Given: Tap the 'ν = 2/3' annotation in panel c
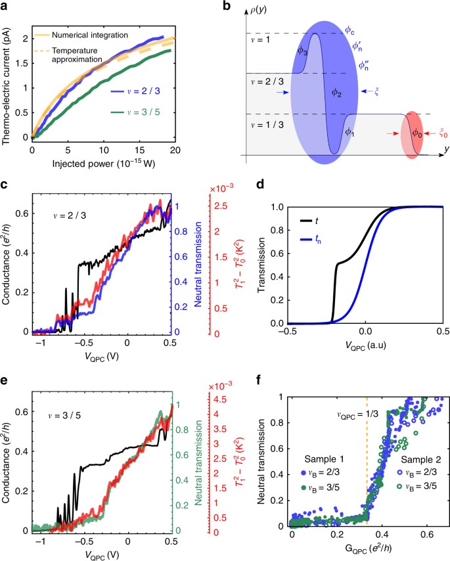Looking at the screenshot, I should [70, 215].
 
